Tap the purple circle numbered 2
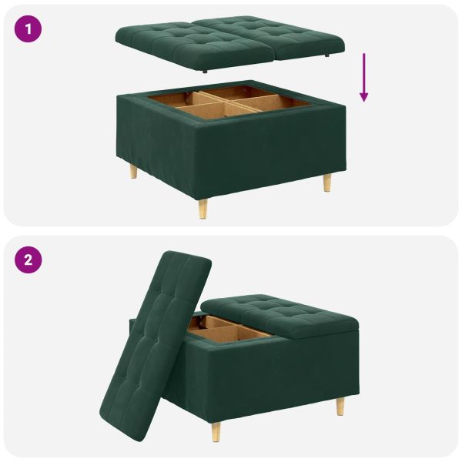tap(29, 259)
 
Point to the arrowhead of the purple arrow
tap(363, 97)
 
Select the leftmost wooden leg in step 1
tap(134, 170)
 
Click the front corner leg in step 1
tap(203, 208)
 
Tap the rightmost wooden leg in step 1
tap(327, 182)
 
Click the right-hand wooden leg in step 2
tap(340, 406)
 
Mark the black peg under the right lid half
tap(329, 56)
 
